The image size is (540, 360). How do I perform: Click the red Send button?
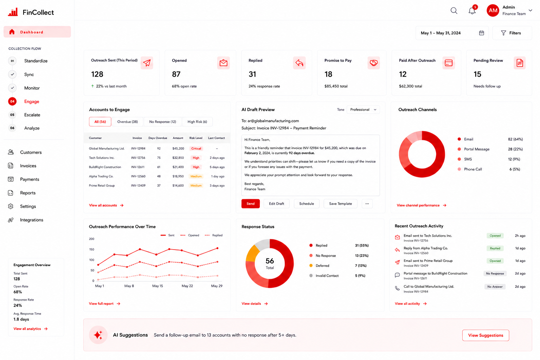[x=250, y=204]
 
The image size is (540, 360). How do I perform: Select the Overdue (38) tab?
[x=128, y=122]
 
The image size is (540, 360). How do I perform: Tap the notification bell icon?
[x=472, y=11]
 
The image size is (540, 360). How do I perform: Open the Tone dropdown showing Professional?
[x=363, y=110]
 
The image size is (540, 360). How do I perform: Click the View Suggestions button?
[x=486, y=335]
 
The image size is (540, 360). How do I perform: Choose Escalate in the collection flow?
[x=32, y=115]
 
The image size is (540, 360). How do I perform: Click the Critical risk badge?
[x=196, y=148]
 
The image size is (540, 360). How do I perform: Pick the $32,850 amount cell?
[x=178, y=158]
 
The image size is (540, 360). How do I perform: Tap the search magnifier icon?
[x=454, y=11]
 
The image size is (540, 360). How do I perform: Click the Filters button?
[x=512, y=33]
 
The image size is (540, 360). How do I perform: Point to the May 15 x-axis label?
[x=157, y=286]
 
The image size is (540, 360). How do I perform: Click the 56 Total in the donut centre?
[x=270, y=263]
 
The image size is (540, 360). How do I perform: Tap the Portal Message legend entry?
[x=474, y=149]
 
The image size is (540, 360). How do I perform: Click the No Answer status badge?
[x=495, y=287]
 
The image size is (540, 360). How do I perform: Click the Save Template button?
[x=340, y=204]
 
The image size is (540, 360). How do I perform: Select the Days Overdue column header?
[x=157, y=138]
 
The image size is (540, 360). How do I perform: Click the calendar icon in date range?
[x=481, y=33]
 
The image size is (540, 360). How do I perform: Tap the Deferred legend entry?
[x=320, y=266]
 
